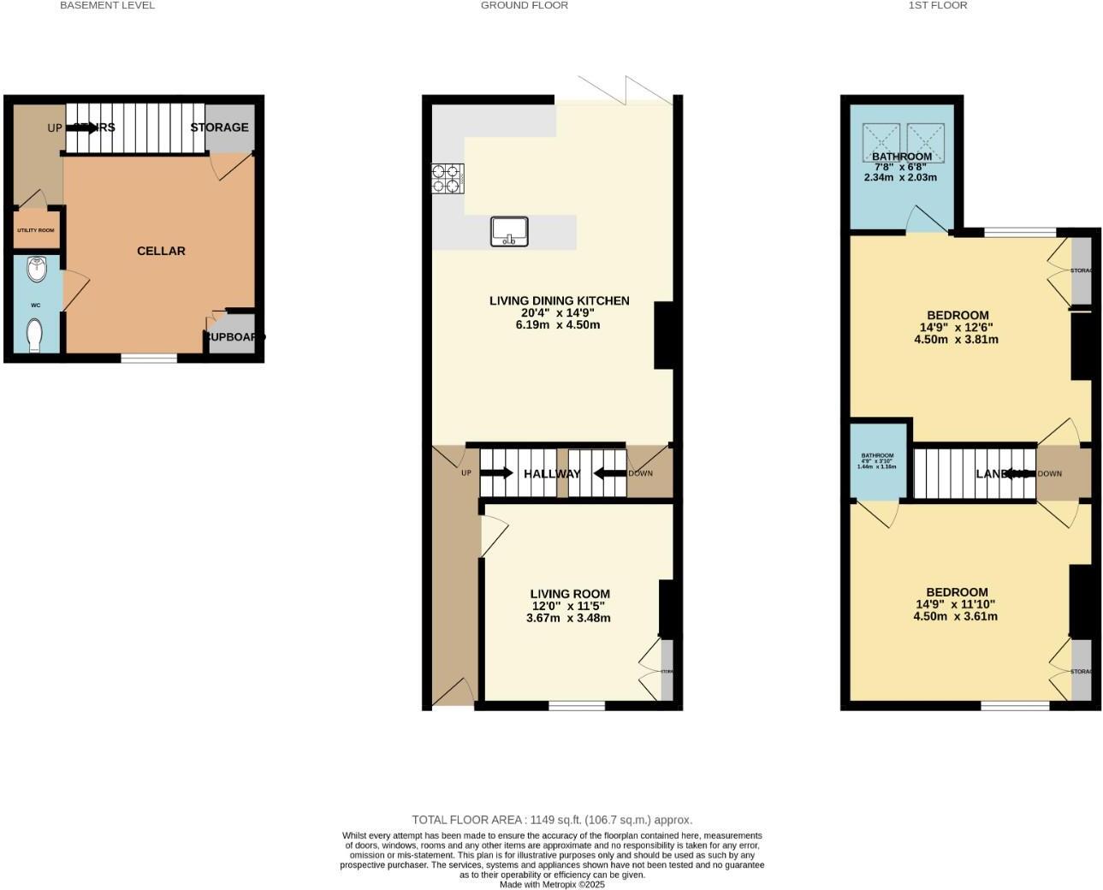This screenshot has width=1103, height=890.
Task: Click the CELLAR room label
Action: (161, 251)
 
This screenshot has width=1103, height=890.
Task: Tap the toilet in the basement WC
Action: (35, 335)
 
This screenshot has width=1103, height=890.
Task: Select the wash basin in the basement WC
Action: (36, 270)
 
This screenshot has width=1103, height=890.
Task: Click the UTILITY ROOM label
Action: (35, 230)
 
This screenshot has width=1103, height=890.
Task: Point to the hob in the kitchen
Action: (448, 178)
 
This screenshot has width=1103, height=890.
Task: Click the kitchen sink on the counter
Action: (509, 231)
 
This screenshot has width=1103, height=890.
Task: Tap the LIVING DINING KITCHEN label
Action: (559, 301)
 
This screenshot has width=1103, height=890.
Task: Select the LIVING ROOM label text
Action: (570, 594)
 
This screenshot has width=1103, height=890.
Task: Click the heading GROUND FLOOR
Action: (524, 5)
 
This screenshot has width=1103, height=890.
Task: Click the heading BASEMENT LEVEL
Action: (107, 5)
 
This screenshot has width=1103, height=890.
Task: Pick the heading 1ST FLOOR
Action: (938, 5)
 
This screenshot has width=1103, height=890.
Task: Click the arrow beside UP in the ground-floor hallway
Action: (496, 473)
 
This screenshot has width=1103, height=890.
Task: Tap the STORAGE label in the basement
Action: (219, 128)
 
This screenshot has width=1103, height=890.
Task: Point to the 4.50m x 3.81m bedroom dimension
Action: (956, 339)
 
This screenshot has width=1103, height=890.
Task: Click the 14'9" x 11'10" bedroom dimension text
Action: (956, 604)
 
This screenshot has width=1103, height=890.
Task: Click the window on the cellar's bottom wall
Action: (149, 358)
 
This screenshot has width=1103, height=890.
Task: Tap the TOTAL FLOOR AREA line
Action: (552, 820)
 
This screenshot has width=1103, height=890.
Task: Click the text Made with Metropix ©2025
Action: (552, 885)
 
